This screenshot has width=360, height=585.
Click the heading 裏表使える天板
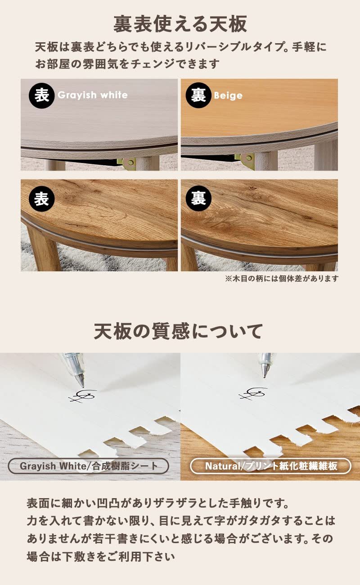180,24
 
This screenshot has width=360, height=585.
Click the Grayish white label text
93,95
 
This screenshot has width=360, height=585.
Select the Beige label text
228,95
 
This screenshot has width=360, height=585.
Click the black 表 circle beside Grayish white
41,95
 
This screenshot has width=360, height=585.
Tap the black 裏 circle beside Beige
198,95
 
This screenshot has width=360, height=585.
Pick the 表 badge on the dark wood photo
41,198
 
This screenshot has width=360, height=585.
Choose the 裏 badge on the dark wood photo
198,198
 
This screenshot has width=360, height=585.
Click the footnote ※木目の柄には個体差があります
281,279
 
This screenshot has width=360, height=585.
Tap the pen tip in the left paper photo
81,385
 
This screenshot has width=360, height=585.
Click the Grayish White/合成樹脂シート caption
89,466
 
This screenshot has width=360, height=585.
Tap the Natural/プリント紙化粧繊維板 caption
271,466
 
